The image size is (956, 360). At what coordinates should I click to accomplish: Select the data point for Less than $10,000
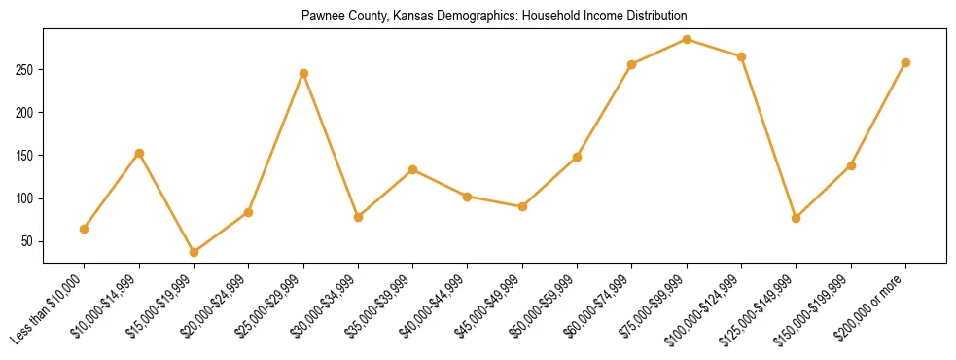85,229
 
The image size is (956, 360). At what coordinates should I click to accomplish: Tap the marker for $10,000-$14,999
139,153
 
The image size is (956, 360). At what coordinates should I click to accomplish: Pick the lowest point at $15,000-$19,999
195,252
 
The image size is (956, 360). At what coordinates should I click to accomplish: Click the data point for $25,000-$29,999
303,73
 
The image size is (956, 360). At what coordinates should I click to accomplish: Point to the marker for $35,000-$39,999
413,169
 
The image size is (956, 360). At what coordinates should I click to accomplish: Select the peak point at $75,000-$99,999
688,39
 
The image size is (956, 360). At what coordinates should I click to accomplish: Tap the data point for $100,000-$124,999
742,56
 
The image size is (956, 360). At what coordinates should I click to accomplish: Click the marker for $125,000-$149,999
797,218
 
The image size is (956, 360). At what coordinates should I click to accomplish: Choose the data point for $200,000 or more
906,62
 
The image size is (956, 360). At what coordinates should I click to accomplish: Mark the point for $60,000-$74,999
632,64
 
